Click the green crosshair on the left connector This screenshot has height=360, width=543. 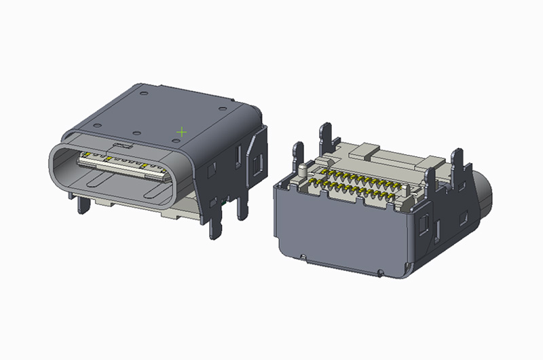click(181, 130)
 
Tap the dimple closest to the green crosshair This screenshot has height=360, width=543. click(176, 139)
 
